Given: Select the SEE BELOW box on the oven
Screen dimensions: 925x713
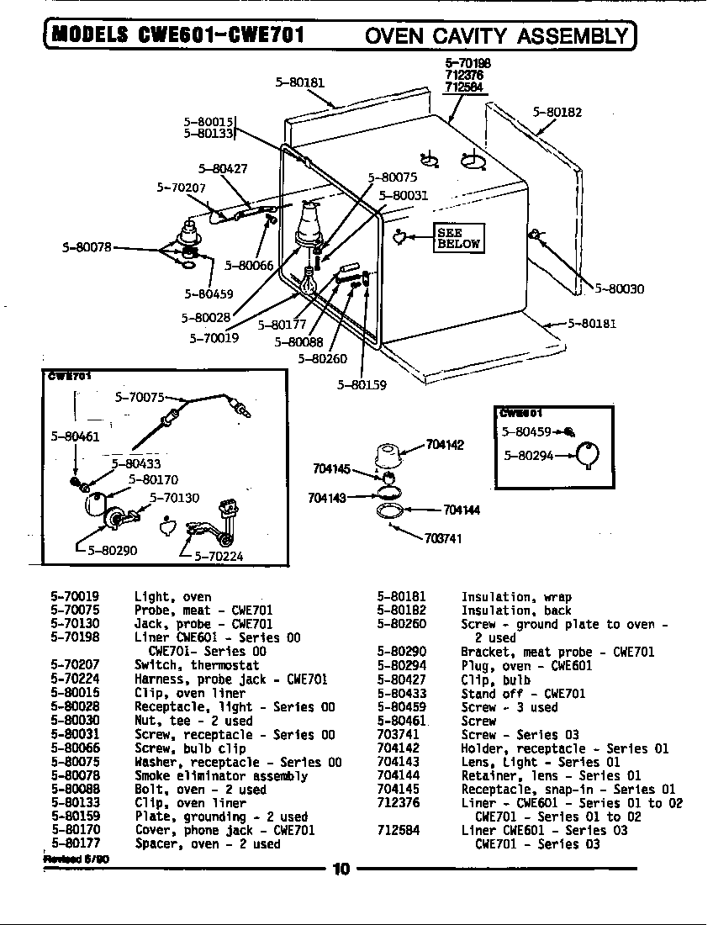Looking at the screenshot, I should (x=458, y=238).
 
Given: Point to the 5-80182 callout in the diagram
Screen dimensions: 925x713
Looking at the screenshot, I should (x=557, y=112).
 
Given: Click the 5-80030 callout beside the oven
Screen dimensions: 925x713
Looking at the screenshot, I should (x=620, y=288).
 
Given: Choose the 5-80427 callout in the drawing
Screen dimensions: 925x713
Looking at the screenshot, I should (x=223, y=168).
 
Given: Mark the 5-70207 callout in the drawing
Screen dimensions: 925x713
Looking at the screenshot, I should (x=181, y=188).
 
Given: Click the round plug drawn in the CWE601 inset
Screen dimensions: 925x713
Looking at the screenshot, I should (x=591, y=454).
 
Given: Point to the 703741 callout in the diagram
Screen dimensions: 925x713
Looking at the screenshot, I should (x=443, y=538).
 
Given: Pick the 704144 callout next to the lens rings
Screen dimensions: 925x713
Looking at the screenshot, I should (x=462, y=510).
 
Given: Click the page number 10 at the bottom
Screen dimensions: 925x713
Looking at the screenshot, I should (x=341, y=869).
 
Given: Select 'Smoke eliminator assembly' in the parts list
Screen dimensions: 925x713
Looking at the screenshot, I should (x=221, y=776).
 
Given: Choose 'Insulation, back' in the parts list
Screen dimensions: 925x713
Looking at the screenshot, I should (x=515, y=610).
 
